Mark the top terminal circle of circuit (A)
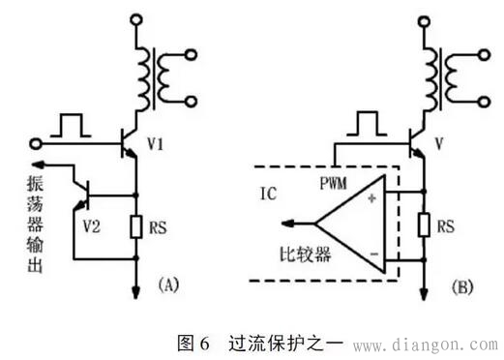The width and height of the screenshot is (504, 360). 134,16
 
